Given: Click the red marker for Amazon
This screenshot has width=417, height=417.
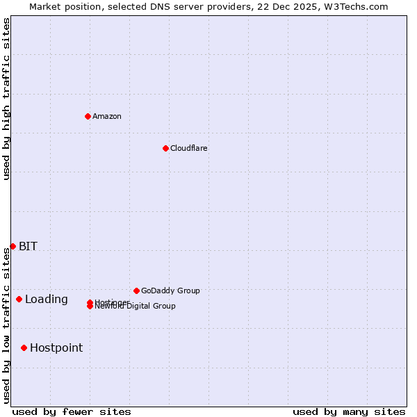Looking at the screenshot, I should click(88, 116).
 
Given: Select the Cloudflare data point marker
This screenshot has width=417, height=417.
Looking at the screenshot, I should click(165, 148).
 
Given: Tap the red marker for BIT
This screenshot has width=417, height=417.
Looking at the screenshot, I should click(13, 246).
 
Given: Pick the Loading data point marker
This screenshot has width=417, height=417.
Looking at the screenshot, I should click(19, 299).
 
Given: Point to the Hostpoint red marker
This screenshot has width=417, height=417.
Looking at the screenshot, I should click(24, 347).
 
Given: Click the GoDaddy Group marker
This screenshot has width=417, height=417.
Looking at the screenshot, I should click(136, 291).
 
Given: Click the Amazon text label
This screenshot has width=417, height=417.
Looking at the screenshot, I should click(106, 116).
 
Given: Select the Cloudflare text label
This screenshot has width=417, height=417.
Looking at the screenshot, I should click(188, 148).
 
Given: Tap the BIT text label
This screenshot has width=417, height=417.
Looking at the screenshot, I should click(28, 246).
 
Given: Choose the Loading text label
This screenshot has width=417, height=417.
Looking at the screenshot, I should click(46, 299).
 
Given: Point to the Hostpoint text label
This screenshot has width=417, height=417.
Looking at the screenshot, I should click(56, 347).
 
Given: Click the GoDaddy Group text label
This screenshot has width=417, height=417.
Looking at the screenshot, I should click(170, 291).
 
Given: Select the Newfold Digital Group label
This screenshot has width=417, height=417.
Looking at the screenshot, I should click(136, 306).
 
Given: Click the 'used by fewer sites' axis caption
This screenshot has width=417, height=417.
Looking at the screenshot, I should click(72, 411).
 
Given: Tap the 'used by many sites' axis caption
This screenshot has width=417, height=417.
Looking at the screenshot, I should click(349, 411).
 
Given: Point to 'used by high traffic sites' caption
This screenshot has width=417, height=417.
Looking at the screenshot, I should click(6, 99).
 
